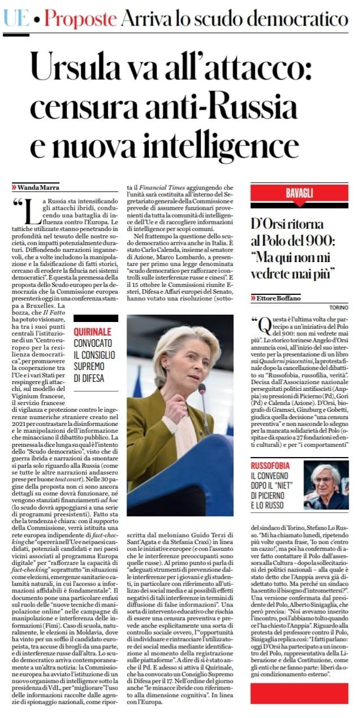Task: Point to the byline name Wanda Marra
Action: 40,186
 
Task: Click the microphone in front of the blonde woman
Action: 202,389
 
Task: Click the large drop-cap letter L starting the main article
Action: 30,214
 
